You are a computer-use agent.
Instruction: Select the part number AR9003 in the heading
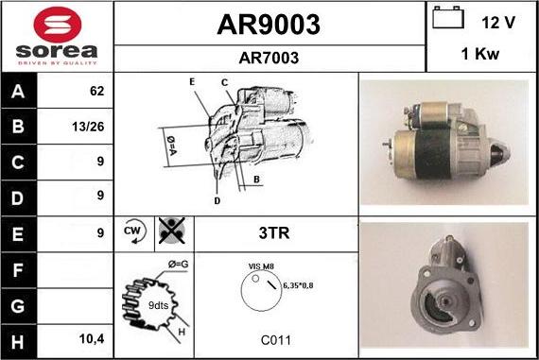269,24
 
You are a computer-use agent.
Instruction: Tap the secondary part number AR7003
269,58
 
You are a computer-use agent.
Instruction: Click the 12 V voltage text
499,21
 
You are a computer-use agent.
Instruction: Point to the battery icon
448,19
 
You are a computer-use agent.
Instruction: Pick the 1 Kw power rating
480,56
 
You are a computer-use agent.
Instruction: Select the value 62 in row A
96,93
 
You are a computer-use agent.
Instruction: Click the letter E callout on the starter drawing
192,83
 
